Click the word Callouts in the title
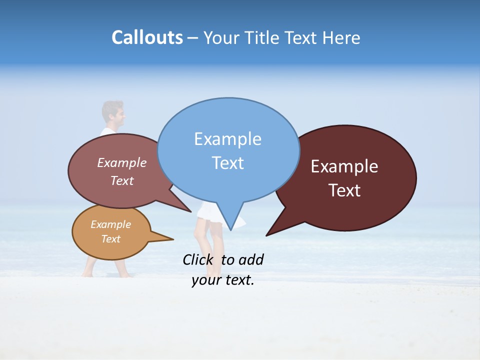pyautogui.click(x=147, y=37)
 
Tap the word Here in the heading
pyautogui.click(x=340, y=37)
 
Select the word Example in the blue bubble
pyautogui.click(x=227, y=139)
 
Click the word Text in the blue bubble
pyautogui.click(x=227, y=163)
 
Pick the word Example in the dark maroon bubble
pyautogui.click(x=344, y=166)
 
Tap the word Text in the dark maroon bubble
pyautogui.click(x=344, y=190)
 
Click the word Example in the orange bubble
pyautogui.click(x=110, y=224)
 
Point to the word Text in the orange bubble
pyautogui.click(x=110, y=239)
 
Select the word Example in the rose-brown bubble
pyautogui.click(x=121, y=162)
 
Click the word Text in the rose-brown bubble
pyautogui.click(x=121, y=180)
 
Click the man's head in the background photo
pyautogui.click(x=113, y=113)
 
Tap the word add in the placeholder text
pyautogui.click(x=250, y=259)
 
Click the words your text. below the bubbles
pyautogui.click(x=222, y=280)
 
